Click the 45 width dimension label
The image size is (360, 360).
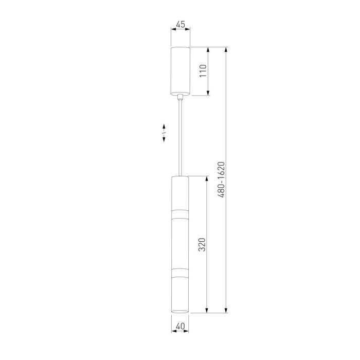[x=181, y=24]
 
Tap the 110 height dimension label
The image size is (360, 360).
[x=203, y=71]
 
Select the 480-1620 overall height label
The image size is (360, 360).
[x=222, y=180]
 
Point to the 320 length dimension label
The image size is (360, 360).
[x=202, y=244]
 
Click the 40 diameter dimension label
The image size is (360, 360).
[x=180, y=326]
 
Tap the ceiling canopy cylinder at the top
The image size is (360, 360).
[x=181, y=71]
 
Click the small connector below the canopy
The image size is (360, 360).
[x=181, y=97]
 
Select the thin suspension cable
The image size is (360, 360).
[x=181, y=138]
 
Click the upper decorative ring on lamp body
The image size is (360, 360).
[x=180, y=214]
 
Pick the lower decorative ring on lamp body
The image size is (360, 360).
[x=180, y=273]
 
